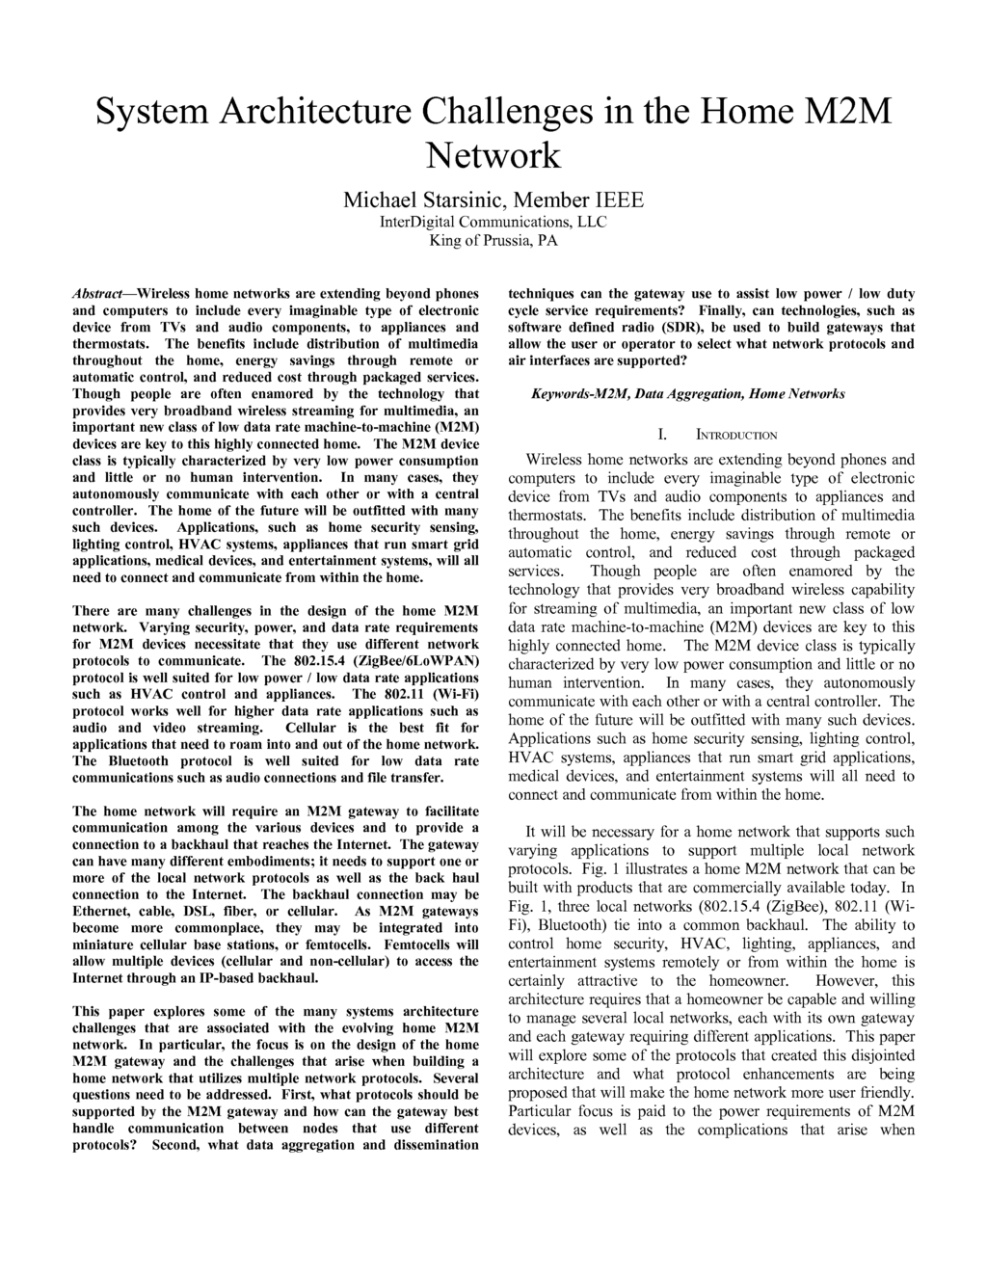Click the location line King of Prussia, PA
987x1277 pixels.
click(x=493, y=240)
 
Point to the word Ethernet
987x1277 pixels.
click(x=103, y=911)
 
